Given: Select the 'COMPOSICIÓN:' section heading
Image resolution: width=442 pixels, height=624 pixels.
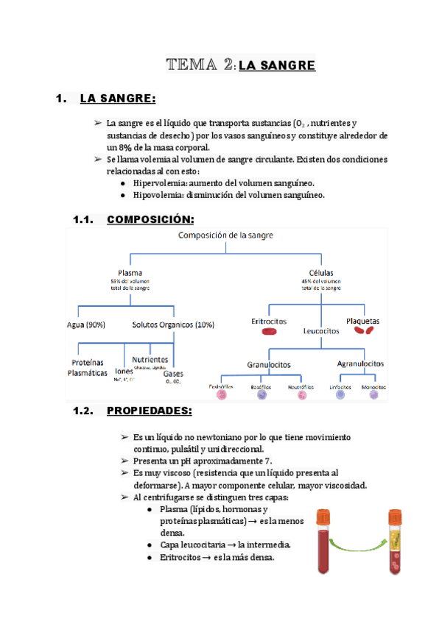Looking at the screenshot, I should tap(150, 219).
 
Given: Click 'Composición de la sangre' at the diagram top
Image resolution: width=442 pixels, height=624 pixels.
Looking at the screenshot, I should tap(225, 235).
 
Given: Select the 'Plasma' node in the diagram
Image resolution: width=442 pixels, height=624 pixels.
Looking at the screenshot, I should tap(130, 272).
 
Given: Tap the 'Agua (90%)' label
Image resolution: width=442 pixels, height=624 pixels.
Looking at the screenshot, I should tap(85, 324).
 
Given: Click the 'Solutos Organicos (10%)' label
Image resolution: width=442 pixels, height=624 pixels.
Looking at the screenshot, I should tap(172, 324).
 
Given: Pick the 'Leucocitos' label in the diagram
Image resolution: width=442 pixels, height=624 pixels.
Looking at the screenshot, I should tap(321, 331).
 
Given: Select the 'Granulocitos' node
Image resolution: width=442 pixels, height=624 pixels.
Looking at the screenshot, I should tap(269, 364).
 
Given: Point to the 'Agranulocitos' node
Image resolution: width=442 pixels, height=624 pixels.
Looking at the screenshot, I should tap(360, 364).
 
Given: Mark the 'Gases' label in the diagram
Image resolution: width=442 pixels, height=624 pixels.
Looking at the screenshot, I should tap(173, 373).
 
